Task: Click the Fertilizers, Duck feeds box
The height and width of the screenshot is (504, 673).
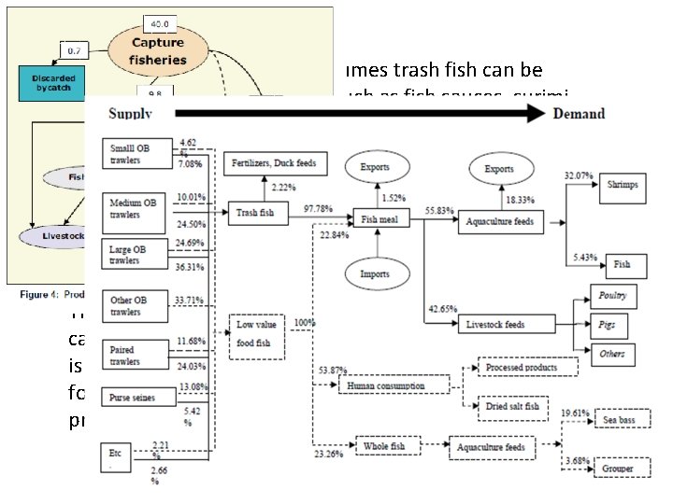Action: (275, 164)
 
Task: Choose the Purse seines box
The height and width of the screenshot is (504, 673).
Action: (138, 397)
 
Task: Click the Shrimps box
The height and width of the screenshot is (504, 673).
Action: (621, 185)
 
